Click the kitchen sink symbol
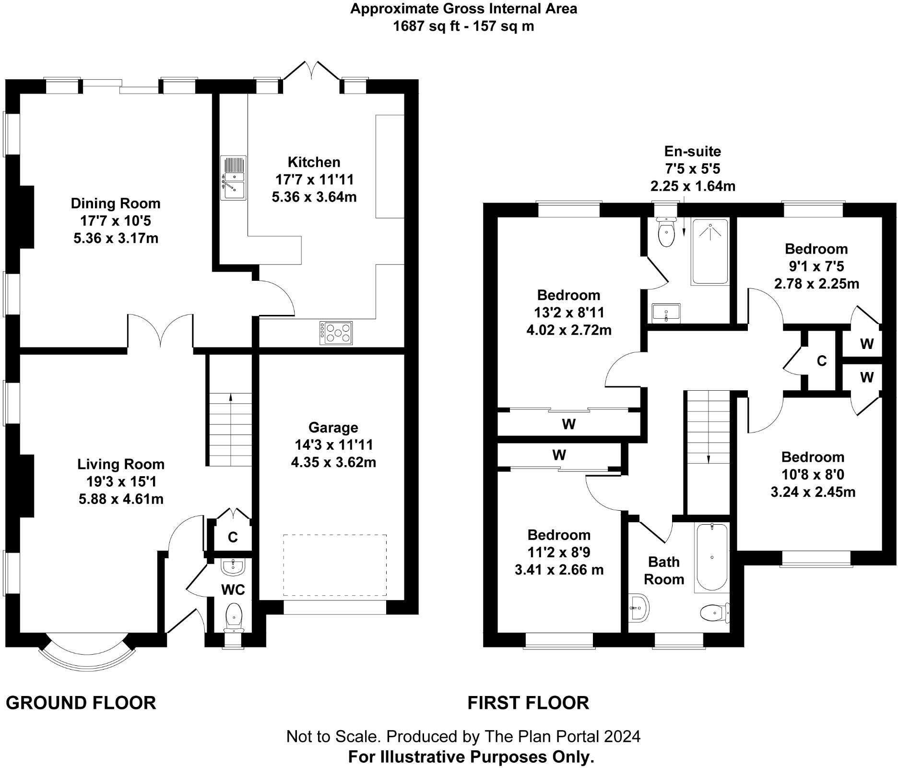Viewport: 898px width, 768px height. pos(233,178)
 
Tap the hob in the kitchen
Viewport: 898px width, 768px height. pos(336,333)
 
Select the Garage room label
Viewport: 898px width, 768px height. pos(333,427)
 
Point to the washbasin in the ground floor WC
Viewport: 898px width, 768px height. pos(233,567)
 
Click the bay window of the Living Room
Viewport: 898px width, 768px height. pos(86,656)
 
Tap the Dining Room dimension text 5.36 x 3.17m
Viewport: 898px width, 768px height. pos(116,238)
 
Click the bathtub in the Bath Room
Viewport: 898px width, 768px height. pos(711,557)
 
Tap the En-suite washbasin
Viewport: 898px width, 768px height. pos(666,313)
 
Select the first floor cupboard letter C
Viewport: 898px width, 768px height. pos(822,361)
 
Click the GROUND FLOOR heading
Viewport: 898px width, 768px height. pos(81,703)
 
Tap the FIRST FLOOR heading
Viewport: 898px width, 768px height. pos(528,703)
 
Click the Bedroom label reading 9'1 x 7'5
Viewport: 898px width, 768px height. pos(816,266)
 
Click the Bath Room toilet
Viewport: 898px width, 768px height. pos(713,612)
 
